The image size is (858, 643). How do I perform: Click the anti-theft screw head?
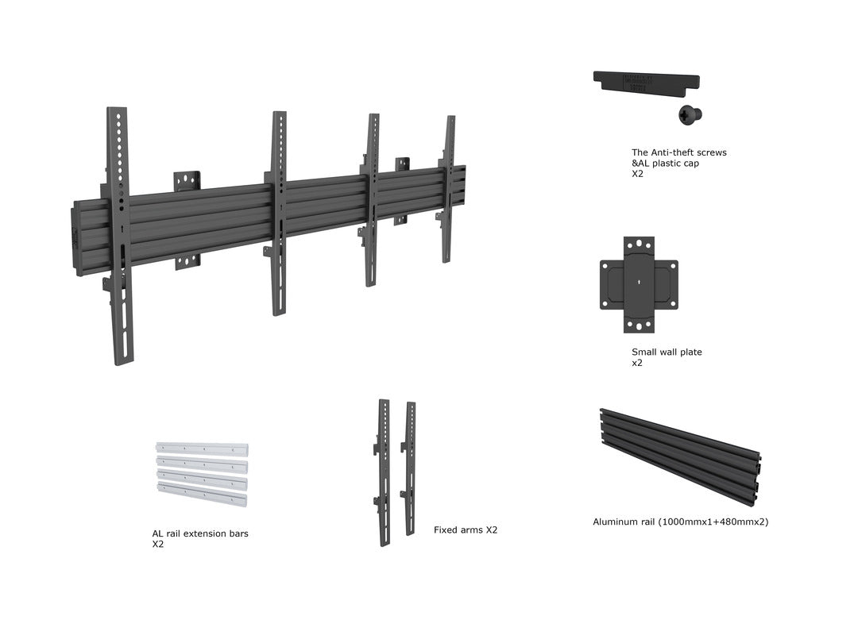pyautogui.click(x=690, y=114)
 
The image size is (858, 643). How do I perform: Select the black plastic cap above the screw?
pyautogui.click(x=646, y=81)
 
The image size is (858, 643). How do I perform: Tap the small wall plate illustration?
pyautogui.click(x=639, y=284)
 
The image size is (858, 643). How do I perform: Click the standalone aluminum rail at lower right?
pyautogui.click(x=679, y=456)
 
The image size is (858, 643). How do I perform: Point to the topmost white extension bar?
pyautogui.click(x=202, y=449)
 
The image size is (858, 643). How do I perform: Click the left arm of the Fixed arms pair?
pyautogui.click(x=385, y=472)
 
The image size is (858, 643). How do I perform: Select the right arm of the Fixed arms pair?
pyautogui.click(x=410, y=468)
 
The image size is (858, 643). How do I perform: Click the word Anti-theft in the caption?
pyautogui.click(x=671, y=152)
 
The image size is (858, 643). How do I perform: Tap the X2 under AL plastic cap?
pyautogui.click(x=638, y=173)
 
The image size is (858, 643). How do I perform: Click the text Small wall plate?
pyautogui.click(x=667, y=352)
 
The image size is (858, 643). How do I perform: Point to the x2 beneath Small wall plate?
pyautogui.click(x=637, y=363)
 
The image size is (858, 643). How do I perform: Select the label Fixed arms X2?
pyautogui.click(x=466, y=529)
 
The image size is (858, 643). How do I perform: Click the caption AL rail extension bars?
pyautogui.click(x=200, y=533)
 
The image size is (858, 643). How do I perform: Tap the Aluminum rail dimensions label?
pyautogui.click(x=680, y=522)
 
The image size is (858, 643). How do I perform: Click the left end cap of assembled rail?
pyautogui.click(x=78, y=237)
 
